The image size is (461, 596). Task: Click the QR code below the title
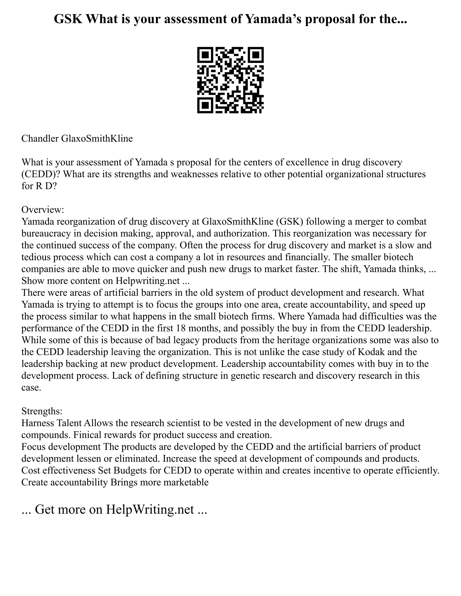230,80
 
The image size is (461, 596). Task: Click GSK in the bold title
68,19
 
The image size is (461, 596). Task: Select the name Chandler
40,139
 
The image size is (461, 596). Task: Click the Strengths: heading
42,411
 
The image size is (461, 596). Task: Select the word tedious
35,257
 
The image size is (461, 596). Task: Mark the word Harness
38,423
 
